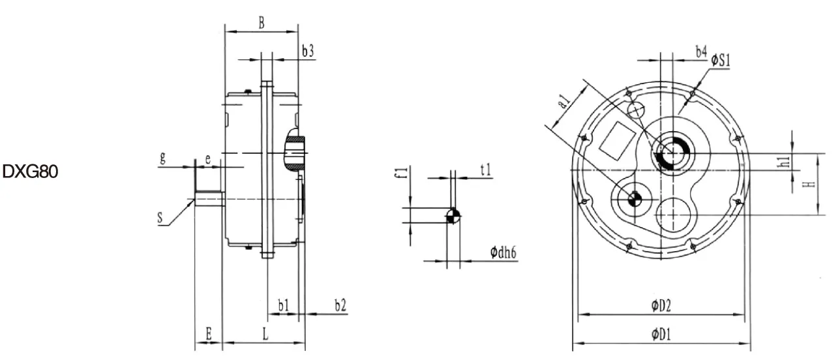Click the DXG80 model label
pyautogui.click(x=31, y=172)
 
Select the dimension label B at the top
pyautogui.click(x=261, y=23)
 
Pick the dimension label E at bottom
pyautogui.click(x=208, y=333)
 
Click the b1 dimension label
pyautogui.click(x=283, y=305)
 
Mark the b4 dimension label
pyautogui.click(x=700, y=51)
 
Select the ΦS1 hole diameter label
pyautogui.click(x=720, y=61)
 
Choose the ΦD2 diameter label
pyautogui.click(x=661, y=305)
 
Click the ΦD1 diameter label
pyautogui.click(x=661, y=335)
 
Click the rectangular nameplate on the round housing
pyautogui.click(x=617, y=140)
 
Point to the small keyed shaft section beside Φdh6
pyautogui.click(x=453, y=217)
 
